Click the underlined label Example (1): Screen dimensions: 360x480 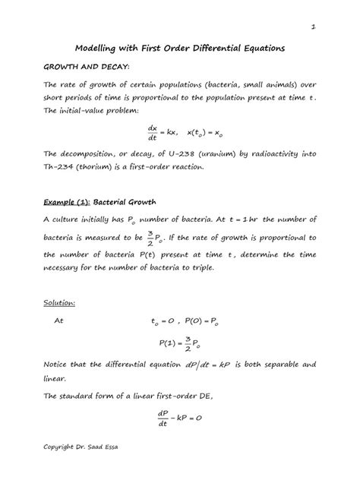click(x=66, y=202)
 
